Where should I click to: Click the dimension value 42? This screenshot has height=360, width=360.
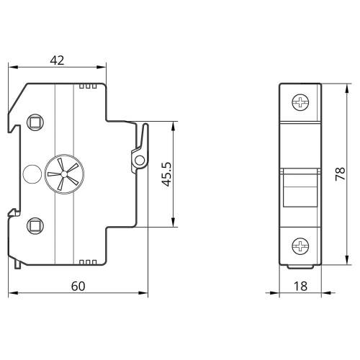click(x=57, y=60)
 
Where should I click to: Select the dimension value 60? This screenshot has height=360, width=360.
click(x=78, y=286)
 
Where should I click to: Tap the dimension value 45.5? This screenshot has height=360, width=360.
click(x=166, y=174)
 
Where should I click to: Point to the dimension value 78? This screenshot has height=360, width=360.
click(x=340, y=174)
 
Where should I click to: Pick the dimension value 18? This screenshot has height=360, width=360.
click(x=300, y=286)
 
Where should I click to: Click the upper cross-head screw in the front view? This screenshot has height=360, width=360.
click(x=300, y=102)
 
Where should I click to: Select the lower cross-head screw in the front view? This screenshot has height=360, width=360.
click(x=300, y=246)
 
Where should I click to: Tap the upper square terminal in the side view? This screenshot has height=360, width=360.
click(x=35, y=122)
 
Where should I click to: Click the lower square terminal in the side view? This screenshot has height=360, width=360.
click(x=35, y=225)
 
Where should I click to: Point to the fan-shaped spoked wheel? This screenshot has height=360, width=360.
click(x=64, y=174)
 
